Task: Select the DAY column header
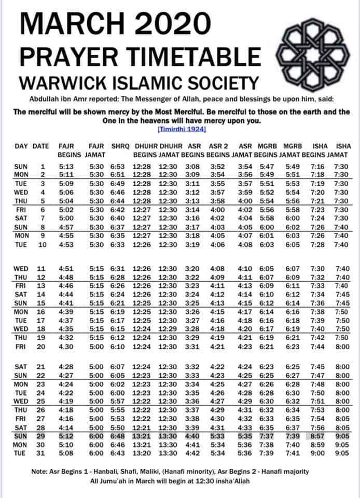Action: pyautogui.click(x=21, y=146)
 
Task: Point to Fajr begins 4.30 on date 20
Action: pyautogui.click(x=66, y=347)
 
